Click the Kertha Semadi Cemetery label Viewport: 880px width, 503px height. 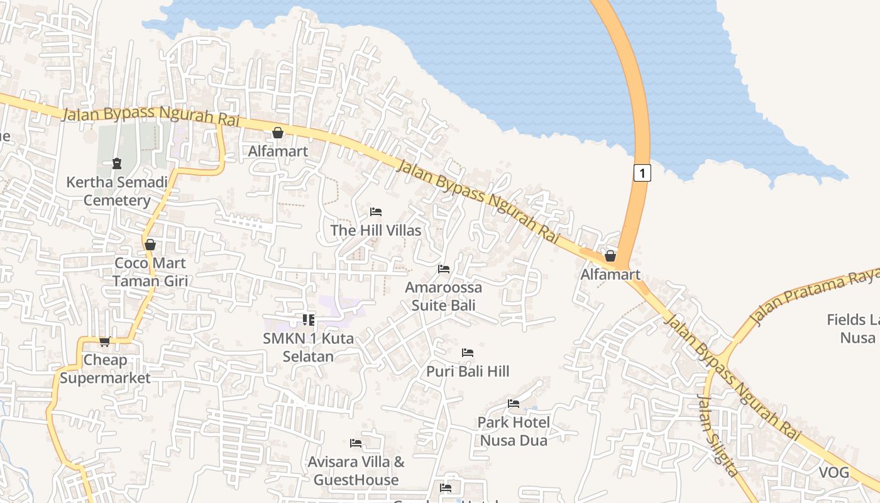117,192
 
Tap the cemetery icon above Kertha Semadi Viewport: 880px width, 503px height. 116,163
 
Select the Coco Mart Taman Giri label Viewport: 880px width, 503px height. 150,272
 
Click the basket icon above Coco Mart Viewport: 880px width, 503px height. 150,245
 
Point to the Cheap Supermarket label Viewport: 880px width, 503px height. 105,369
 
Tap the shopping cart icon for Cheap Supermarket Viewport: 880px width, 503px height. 104,342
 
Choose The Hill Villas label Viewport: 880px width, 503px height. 376,231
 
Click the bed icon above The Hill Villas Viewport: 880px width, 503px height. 376,212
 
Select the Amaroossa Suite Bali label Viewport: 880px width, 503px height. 444,297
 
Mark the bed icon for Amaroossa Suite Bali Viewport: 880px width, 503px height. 444,269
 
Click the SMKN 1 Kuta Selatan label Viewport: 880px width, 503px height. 308,348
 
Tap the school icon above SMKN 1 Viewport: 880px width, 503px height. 308,320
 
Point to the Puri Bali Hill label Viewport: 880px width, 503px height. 468,372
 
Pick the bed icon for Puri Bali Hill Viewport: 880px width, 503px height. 468,353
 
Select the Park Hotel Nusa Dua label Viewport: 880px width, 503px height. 514,431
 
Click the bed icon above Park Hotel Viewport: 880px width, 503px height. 514,404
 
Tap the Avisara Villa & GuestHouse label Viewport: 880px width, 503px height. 356,471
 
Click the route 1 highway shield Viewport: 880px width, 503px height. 641,173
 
